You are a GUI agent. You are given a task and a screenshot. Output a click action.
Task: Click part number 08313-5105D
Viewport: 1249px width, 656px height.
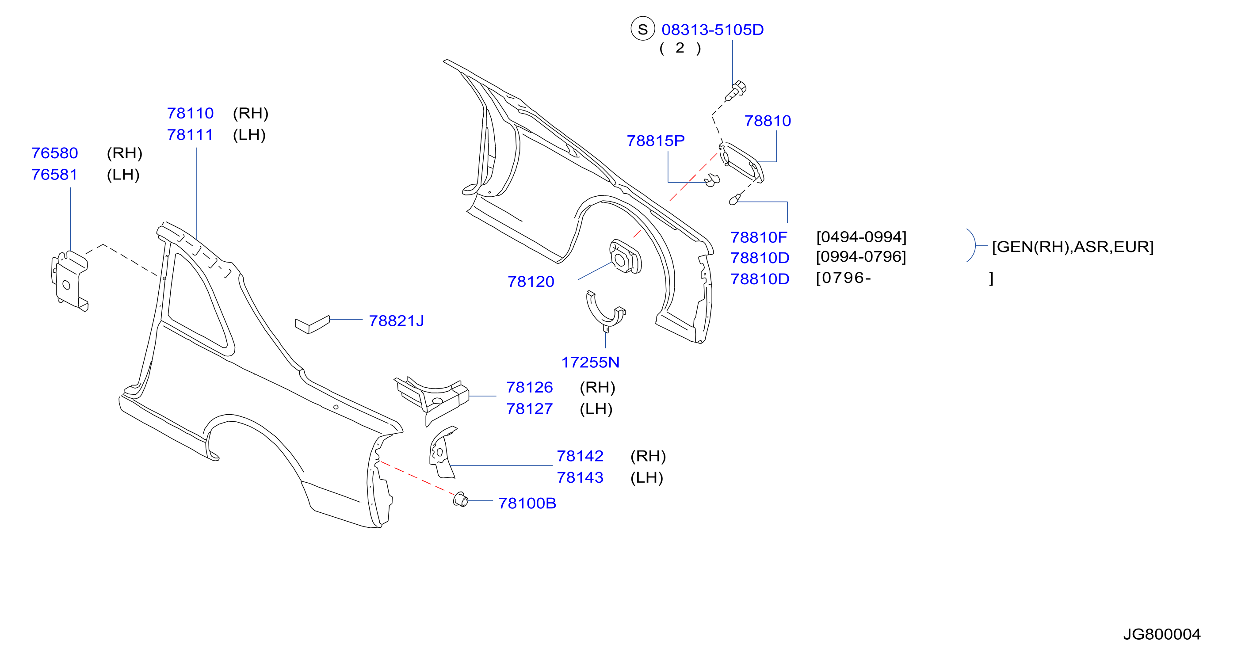712,30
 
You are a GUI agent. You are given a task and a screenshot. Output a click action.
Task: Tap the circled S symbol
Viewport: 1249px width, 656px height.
643,29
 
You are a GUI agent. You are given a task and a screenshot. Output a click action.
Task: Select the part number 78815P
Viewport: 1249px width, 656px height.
656,141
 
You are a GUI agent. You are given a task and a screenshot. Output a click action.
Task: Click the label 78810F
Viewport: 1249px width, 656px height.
759,237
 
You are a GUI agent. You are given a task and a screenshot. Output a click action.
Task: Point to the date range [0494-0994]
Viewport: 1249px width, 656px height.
861,236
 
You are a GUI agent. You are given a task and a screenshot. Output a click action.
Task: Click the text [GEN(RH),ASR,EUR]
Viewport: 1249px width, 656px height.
1073,247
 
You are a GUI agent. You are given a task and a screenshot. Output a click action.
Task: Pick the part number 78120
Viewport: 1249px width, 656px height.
531,282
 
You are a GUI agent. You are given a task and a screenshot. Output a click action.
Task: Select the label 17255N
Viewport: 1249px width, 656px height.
590,362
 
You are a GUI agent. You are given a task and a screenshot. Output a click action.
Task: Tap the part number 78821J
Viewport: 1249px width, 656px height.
396,320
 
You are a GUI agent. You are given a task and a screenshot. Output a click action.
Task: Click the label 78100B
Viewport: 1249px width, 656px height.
527,503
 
